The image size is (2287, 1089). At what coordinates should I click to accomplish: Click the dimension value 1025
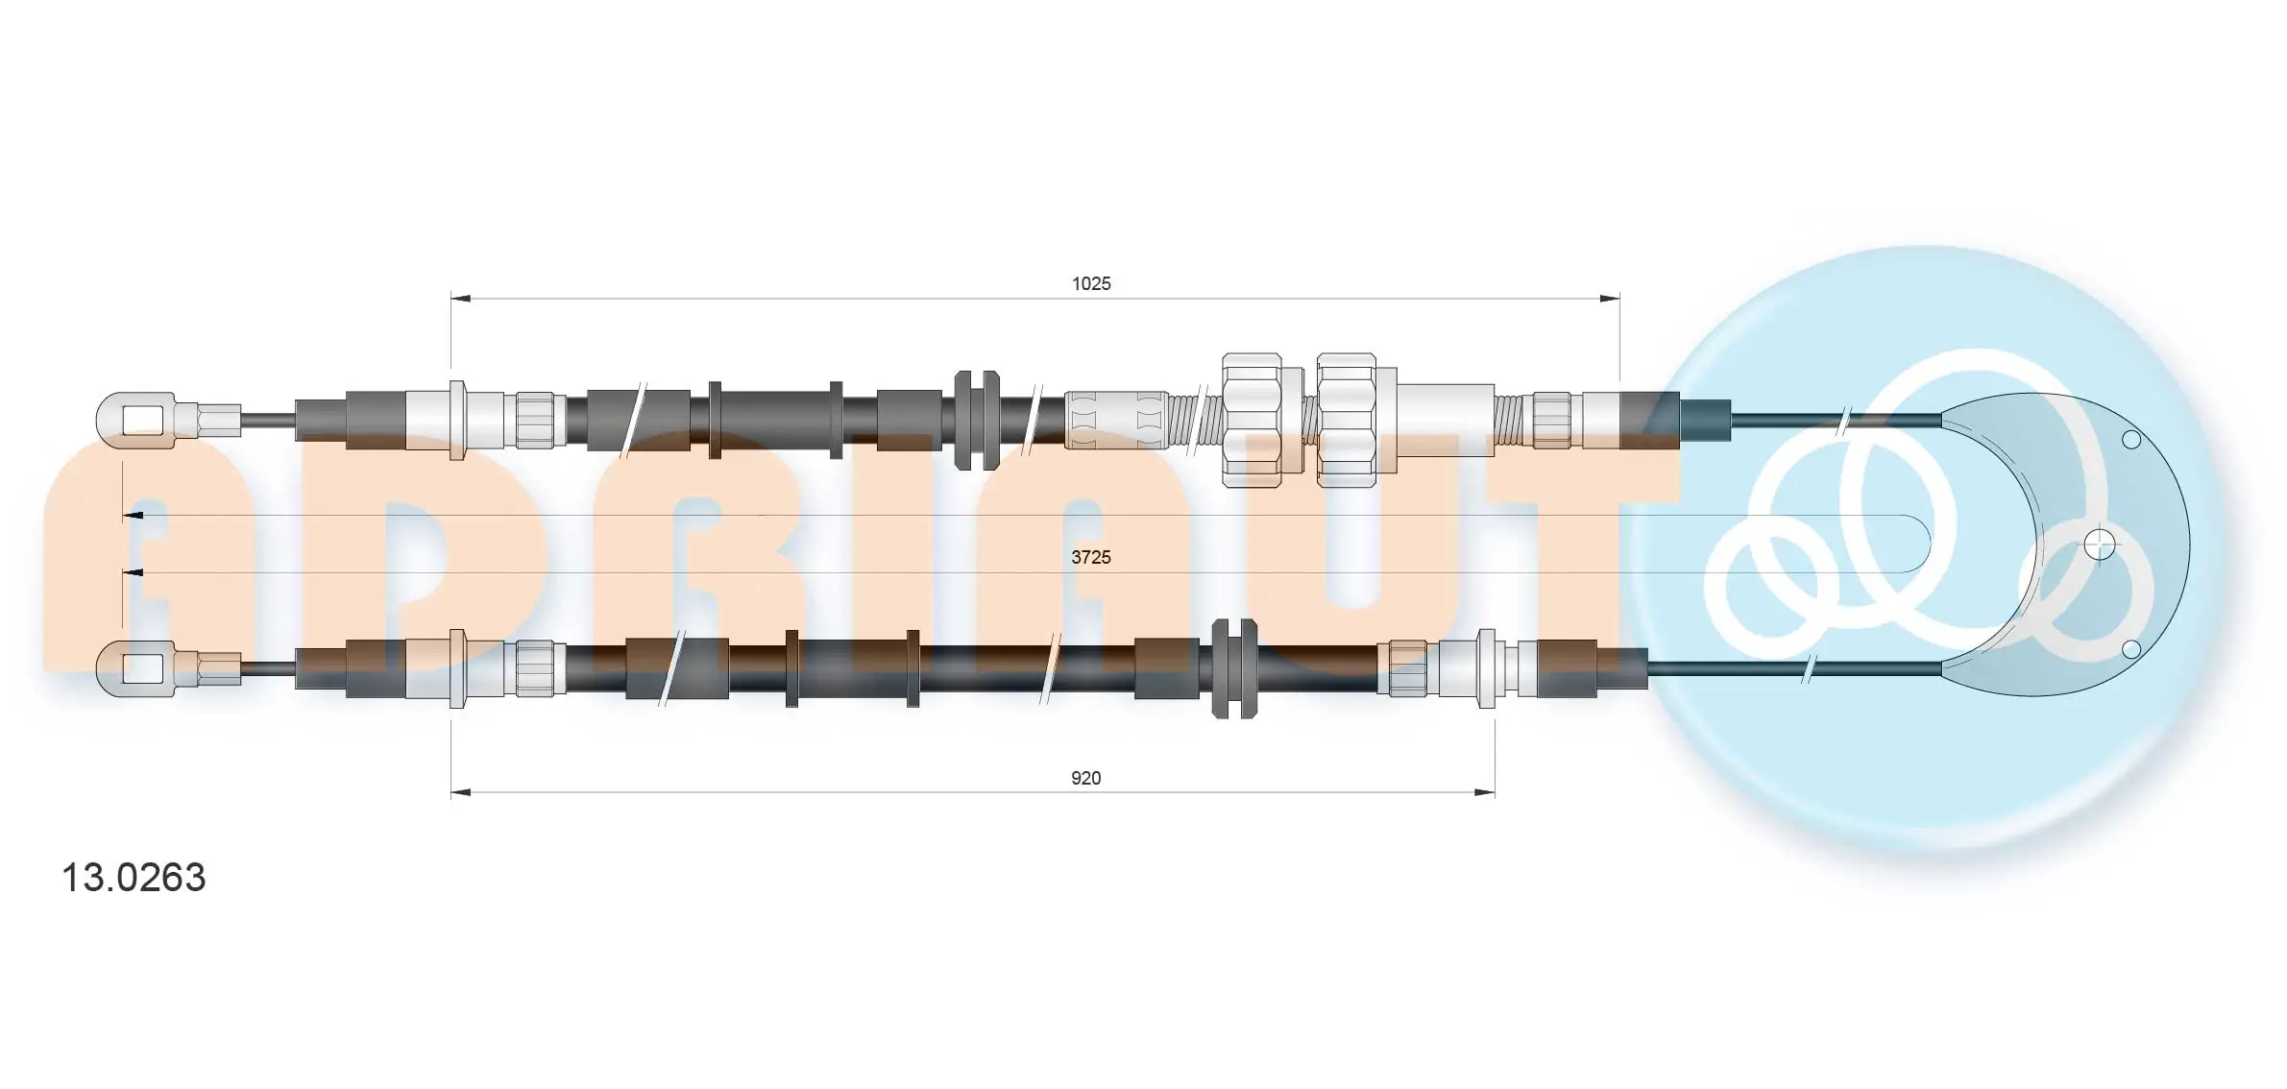tap(1091, 283)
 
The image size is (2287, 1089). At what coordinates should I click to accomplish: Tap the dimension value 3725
tap(1091, 557)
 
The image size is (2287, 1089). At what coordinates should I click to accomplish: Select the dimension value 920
tap(1085, 778)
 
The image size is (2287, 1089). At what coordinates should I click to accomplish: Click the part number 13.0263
tap(134, 878)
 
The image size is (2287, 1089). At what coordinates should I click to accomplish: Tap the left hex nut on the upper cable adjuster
tap(1252, 420)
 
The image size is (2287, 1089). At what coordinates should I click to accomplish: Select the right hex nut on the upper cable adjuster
tap(1347, 420)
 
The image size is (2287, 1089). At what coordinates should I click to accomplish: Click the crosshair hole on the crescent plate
tap(2101, 544)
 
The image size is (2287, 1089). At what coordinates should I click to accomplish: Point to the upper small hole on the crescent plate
tap(2131, 440)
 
